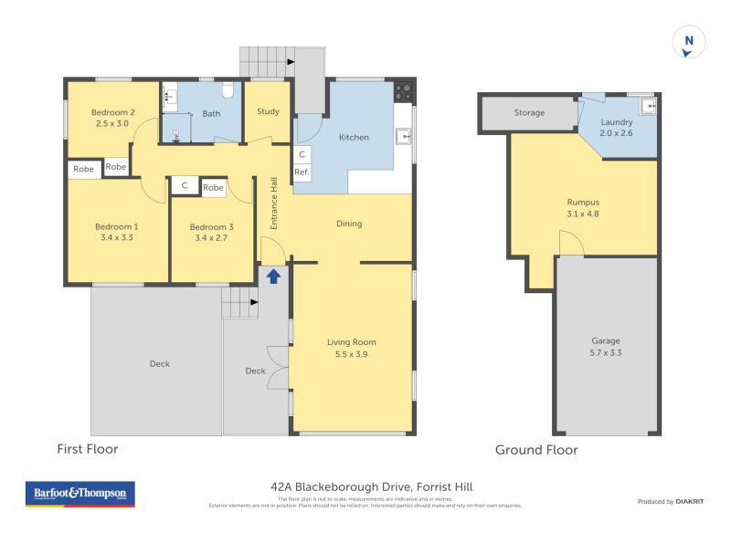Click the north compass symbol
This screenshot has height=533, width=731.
pos(689,42)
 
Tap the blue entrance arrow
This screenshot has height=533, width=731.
pos(273,277)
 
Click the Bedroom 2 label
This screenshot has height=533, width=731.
pos(113,112)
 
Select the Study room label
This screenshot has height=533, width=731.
pos(268,112)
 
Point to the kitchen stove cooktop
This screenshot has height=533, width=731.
pos(403,91)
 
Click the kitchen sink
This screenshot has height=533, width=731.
pos(403,138)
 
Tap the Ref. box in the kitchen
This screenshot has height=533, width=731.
pos(302,172)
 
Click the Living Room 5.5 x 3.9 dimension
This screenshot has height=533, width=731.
pos(352,355)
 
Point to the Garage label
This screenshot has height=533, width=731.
pos(605,341)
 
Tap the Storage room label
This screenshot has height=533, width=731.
pos(529,113)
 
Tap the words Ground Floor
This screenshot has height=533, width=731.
pos(536,450)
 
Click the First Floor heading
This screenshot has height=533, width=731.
pos(87,449)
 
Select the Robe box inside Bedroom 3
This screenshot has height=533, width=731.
pos(213,187)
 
